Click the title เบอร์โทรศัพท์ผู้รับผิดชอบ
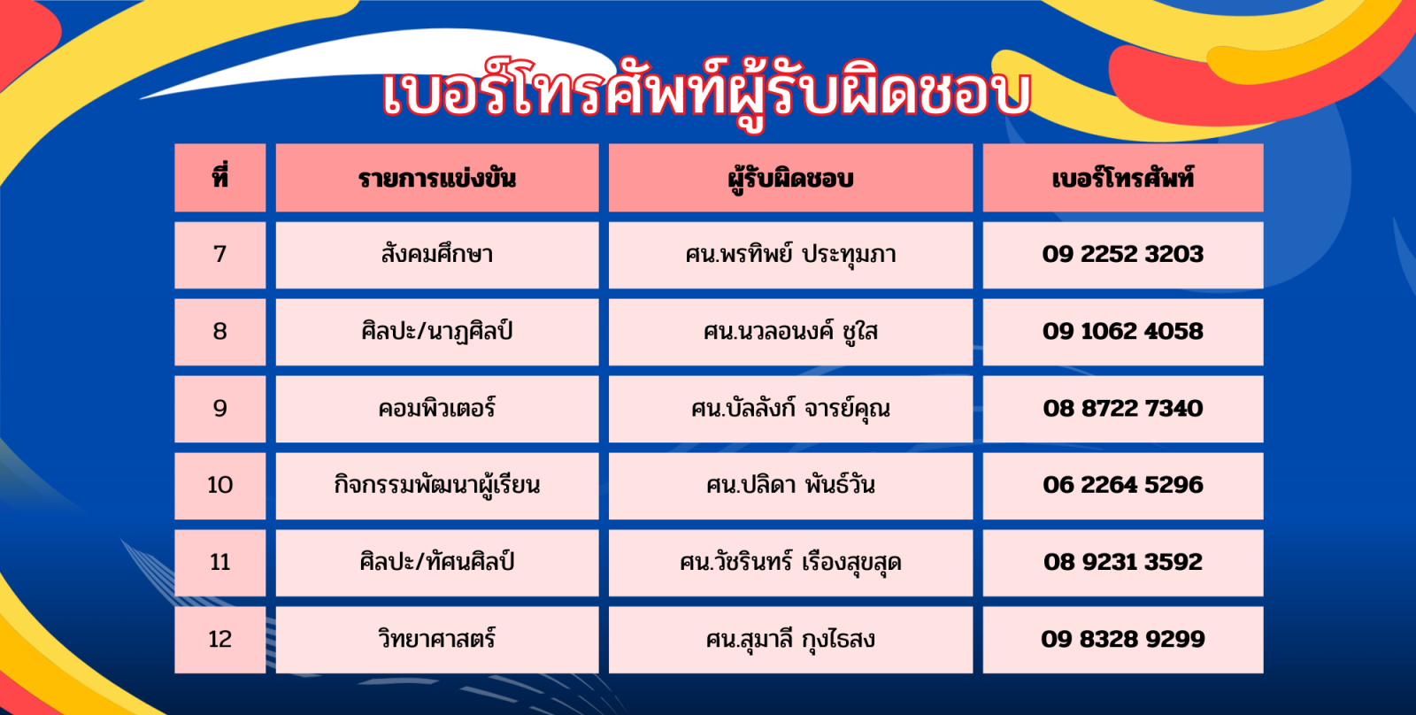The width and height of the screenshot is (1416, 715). click(707, 94)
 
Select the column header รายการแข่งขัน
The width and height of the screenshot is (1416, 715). click(437, 178)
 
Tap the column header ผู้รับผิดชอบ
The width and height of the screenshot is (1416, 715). click(790, 178)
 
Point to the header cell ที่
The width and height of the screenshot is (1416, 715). click(220, 178)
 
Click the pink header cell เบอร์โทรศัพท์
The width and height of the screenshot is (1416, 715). click(1123, 178)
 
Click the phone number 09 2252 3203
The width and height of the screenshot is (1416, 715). click(1123, 254)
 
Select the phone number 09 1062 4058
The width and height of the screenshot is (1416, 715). click(1123, 331)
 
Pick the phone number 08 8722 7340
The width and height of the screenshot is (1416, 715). click(1123, 409)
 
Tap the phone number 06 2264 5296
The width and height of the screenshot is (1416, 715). click(1123, 485)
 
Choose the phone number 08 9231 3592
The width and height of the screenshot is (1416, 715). click(1123, 562)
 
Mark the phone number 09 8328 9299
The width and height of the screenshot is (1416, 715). click(1123, 639)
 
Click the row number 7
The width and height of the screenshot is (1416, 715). click(220, 254)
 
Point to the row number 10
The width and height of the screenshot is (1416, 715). click(220, 485)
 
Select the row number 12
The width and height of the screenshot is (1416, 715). click(220, 639)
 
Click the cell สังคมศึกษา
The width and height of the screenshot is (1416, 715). click(437, 254)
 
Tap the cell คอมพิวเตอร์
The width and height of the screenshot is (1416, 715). click(437, 409)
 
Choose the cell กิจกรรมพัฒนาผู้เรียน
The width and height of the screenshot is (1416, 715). click(437, 486)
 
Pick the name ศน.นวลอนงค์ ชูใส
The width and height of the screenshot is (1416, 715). click(790, 331)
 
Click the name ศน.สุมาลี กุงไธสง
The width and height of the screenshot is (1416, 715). click(790, 639)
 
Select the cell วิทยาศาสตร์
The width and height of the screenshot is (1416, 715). click(437, 639)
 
